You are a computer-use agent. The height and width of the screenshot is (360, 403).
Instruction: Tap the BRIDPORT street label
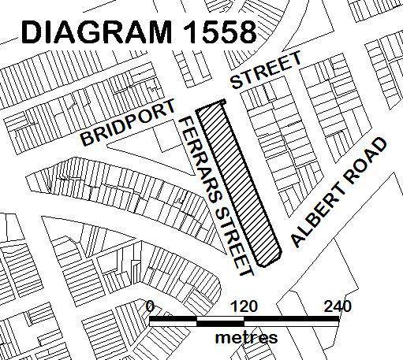click(x=126, y=125)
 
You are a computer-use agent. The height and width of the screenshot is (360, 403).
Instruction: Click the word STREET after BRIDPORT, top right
click(x=265, y=71)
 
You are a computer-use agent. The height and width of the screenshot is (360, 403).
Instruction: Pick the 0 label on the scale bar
click(x=150, y=306)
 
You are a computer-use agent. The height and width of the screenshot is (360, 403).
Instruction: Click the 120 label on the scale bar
click(x=244, y=306)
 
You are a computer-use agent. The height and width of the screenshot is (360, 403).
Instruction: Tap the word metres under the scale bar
click(x=246, y=337)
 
